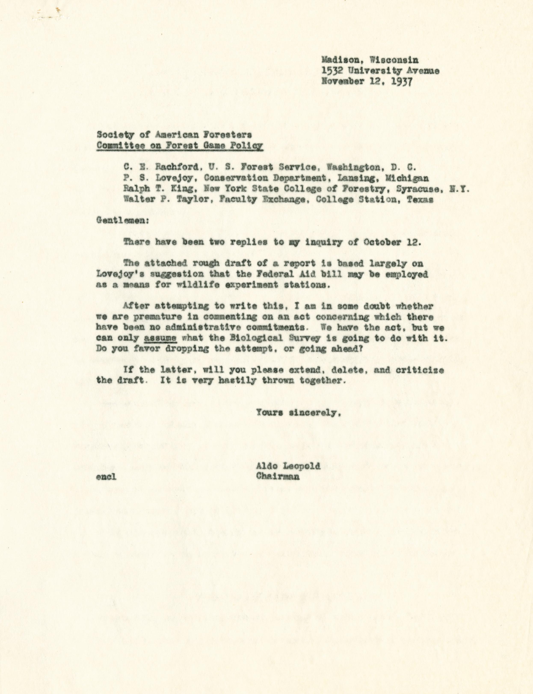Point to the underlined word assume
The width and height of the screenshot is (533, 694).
(160, 338)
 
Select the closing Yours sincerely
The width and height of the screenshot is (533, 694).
(299, 413)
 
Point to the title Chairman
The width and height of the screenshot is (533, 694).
(278, 476)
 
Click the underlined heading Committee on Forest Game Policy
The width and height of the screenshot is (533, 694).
(180, 146)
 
